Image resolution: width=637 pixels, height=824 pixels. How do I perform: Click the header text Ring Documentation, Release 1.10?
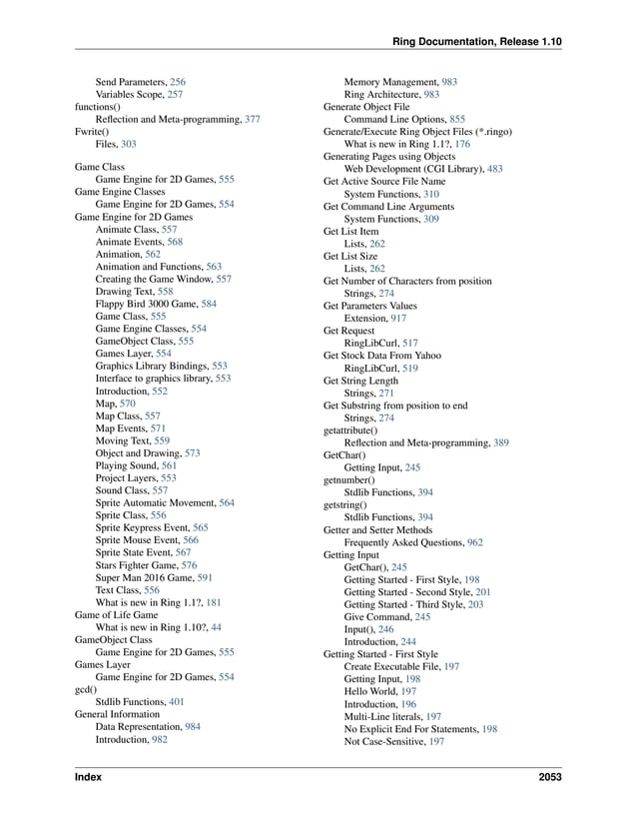[x=477, y=41]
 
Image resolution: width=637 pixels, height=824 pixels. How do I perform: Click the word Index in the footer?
[x=88, y=777]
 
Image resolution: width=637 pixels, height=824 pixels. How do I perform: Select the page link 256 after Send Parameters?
[x=177, y=82]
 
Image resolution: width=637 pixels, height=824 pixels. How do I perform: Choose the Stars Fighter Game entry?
[x=137, y=565]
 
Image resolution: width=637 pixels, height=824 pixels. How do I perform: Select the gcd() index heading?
[x=87, y=690]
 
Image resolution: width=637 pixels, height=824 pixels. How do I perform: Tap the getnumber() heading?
[x=349, y=480]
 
